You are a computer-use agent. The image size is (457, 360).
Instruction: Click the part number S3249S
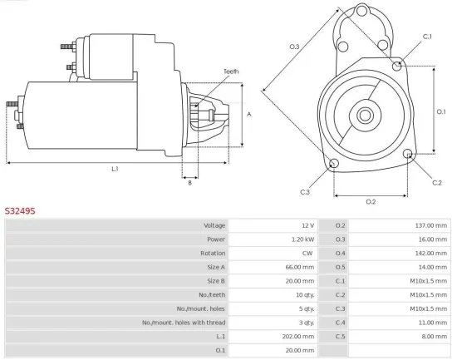21,211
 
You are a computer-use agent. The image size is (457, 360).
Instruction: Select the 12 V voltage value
307,225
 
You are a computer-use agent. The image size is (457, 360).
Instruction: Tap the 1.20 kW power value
302,239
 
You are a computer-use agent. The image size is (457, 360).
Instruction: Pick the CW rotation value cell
307,253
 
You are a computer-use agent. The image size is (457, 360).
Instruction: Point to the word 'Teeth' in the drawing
231,72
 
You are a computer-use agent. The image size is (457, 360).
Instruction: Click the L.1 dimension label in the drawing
115,169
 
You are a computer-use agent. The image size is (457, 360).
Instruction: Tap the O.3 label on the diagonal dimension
294,47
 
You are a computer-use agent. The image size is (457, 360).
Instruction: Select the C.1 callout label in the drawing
427,37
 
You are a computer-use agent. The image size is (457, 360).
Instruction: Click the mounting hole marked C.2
408,155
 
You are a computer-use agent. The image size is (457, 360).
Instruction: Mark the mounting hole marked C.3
334,163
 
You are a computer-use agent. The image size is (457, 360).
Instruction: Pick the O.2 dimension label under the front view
371,201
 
